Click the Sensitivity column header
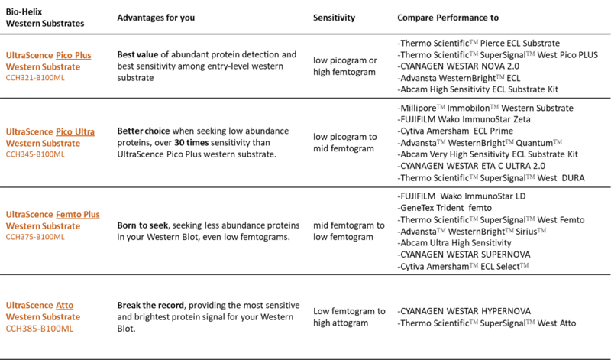pos(337,17)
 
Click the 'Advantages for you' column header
pos(157,17)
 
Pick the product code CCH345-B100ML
pos(36,154)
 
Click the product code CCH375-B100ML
pos(36,236)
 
